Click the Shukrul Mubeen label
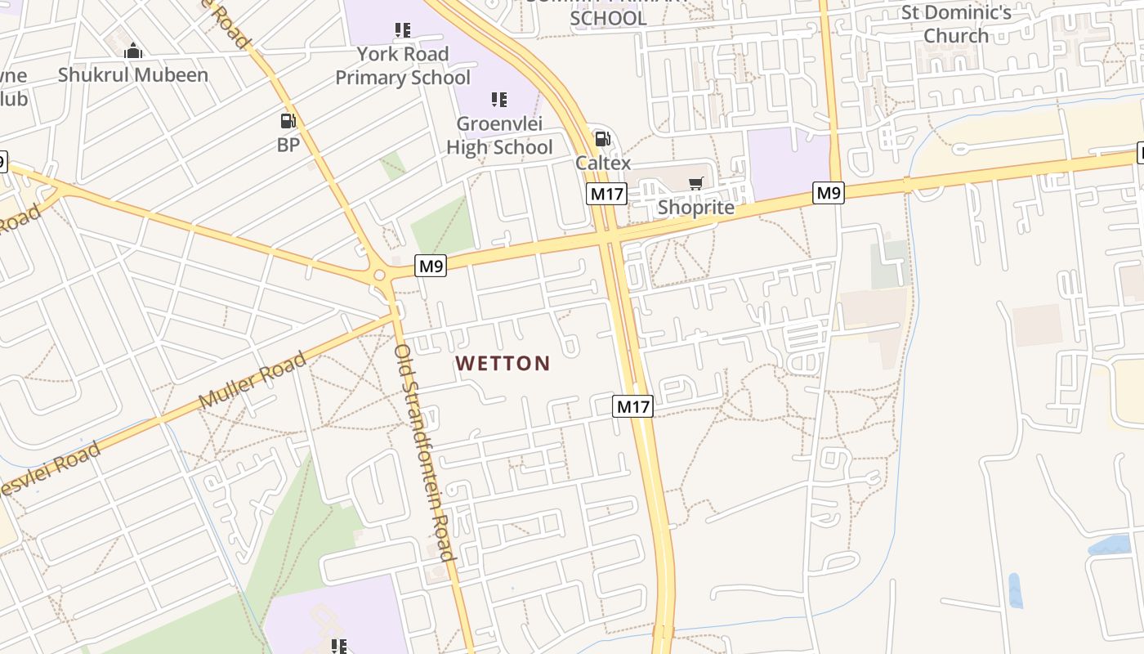pos(133,75)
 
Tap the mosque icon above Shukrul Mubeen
pos(133,52)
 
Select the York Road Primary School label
pos(403,65)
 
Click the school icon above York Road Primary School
pos(403,31)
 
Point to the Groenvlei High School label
pos(499,136)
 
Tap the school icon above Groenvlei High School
pos(499,100)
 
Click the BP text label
pos(288,145)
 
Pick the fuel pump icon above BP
pos(288,121)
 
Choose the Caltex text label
pos(603,163)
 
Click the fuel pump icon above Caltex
pos(602,139)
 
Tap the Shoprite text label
pos(696,207)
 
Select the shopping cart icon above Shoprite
pos(696,183)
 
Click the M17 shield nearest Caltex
pos(606,194)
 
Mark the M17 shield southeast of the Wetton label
pos(633,406)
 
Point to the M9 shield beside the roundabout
pos(431,265)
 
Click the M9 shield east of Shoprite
pos(829,193)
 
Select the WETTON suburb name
pos(503,363)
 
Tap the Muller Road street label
pos(253,381)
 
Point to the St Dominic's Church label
pos(956,25)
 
